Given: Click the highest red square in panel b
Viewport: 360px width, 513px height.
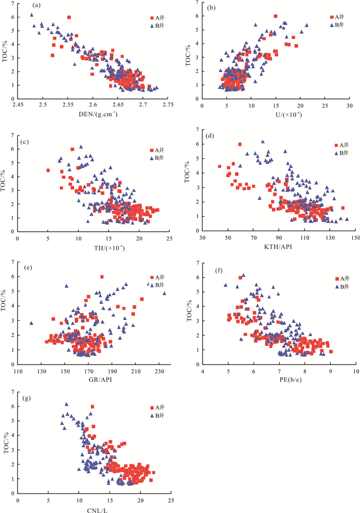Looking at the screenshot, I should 276,16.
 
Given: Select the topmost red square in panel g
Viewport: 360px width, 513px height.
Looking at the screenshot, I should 93,407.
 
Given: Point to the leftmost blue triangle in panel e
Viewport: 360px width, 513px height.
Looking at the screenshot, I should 31,323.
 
